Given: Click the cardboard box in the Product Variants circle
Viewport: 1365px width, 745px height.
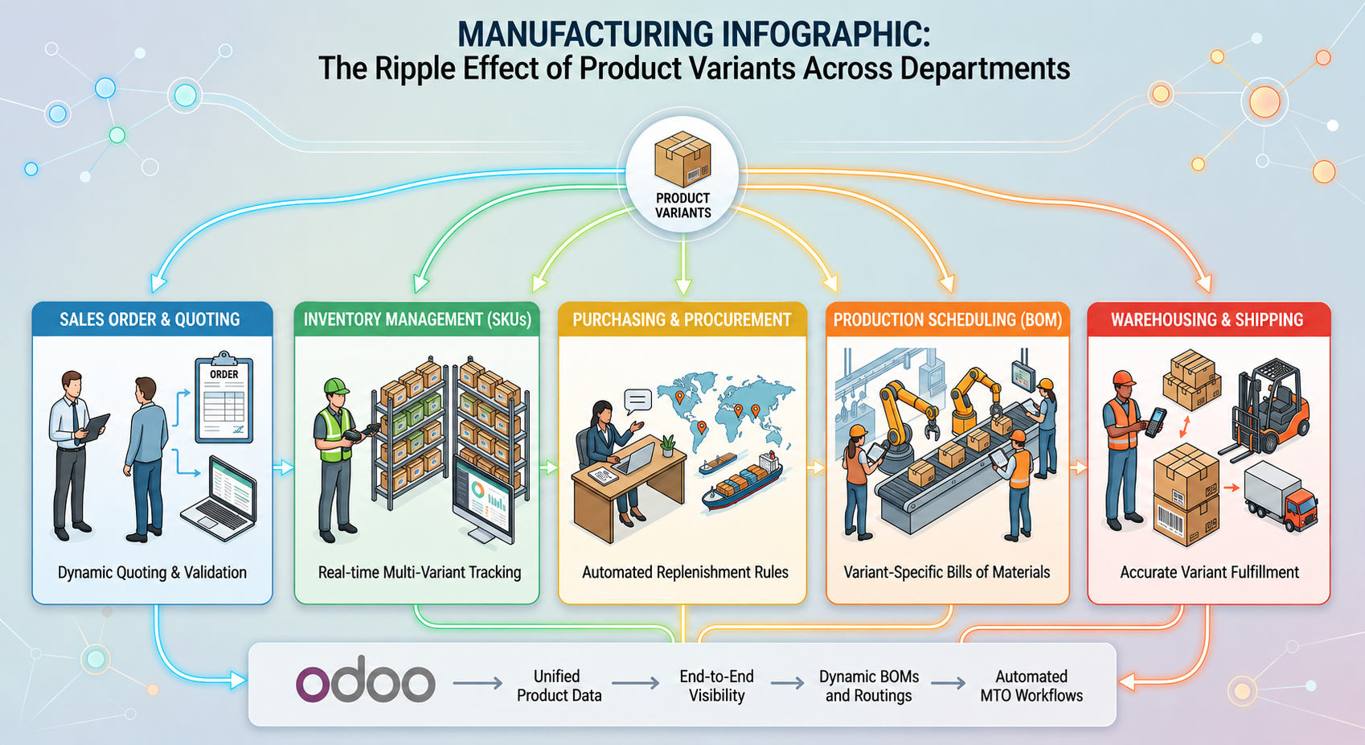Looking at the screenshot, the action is pos(682,159).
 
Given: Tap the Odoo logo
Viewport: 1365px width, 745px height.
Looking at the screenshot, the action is pos(366,679).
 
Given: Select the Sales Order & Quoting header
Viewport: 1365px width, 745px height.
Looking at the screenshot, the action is pos(150,319).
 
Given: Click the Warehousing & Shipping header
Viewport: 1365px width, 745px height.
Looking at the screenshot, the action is pos(1207,319).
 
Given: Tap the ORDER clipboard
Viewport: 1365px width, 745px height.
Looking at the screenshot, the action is pos(223,397).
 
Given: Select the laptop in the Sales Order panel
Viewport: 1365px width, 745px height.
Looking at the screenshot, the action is pos(219,497).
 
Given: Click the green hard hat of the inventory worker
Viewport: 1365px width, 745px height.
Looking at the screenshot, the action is pos(335,386).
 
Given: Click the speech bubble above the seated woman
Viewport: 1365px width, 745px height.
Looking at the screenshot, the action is pos(638,401).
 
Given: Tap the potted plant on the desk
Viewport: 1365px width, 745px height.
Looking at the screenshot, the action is pos(668,446).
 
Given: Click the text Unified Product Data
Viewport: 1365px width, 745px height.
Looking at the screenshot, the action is pos(559,685).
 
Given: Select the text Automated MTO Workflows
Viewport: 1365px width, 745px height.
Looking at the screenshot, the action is pos(1031,685).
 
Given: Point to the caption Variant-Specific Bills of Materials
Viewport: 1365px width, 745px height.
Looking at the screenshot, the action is pos(946,572).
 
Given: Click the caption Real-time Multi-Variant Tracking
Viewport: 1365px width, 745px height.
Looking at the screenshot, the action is pos(420,572).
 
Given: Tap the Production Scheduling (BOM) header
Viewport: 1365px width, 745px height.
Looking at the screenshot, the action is pos(948,319).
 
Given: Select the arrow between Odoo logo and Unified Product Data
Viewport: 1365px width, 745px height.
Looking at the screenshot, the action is pos(478,683).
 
